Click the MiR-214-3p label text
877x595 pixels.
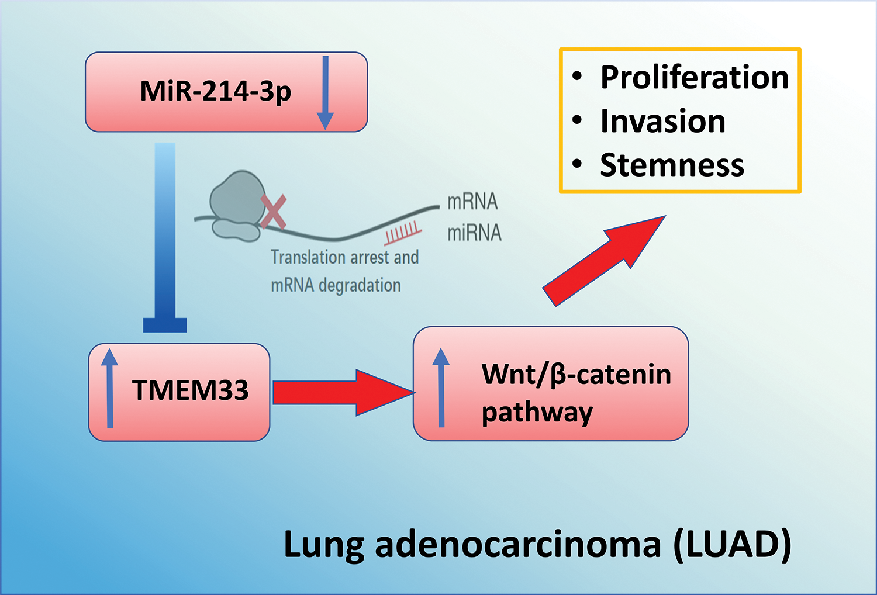click(216, 92)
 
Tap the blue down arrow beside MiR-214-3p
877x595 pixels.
click(325, 93)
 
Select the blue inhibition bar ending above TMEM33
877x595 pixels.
click(165, 238)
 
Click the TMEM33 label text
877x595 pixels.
click(191, 390)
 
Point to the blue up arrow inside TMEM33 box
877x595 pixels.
click(110, 388)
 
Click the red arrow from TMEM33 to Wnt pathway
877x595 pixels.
click(344, 393)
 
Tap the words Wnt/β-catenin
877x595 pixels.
click(576, 375)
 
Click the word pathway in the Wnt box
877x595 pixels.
click(537, 414)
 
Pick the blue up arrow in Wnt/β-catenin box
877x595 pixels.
click(441, 387)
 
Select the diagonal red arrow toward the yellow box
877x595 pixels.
click(604, 261)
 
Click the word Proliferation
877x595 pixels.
click(695, 77)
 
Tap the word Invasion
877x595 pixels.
click(663, 122)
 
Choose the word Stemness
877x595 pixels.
click(672, 165)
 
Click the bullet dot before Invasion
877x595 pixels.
click(576, 119)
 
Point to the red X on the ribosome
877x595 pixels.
click(274, 212)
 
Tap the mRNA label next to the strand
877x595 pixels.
click(472, 202)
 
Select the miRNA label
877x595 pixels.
click(475, 233)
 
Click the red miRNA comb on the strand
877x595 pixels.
click(403, 233)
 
